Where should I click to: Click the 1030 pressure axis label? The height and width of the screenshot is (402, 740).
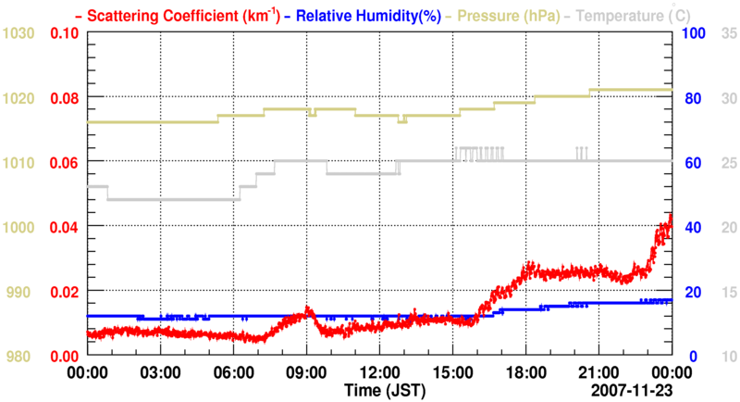click(19, 33)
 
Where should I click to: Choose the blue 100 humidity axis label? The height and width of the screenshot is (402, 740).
click(693, 33)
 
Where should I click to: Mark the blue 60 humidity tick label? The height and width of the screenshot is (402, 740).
click(690, 163)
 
